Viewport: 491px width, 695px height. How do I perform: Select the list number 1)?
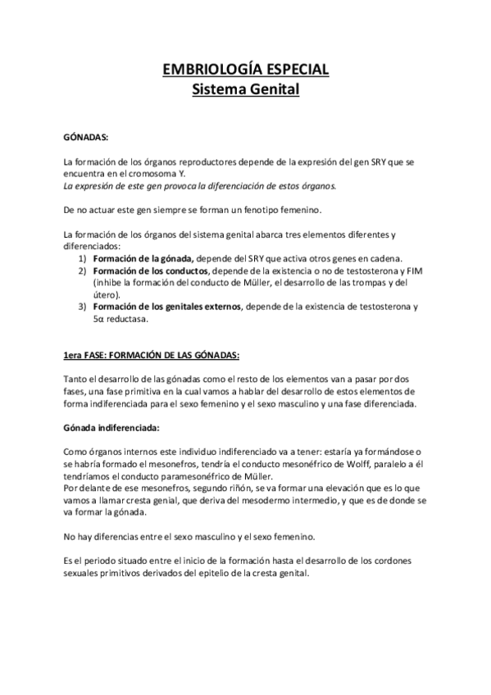tap(83, 259)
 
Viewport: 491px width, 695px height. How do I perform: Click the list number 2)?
tap(83, 270)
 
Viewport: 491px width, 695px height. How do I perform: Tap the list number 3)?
tap(83, 307)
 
